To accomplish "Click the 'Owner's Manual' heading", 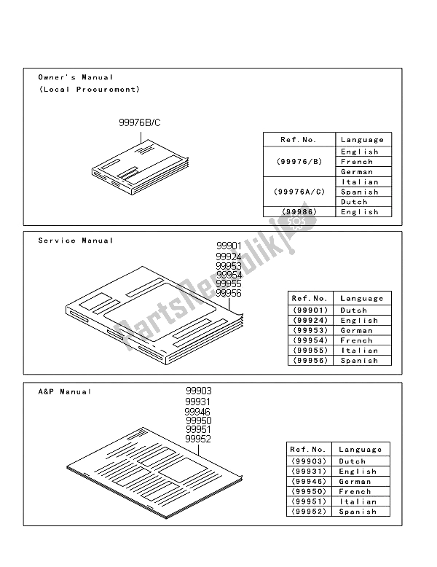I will click(76, 77).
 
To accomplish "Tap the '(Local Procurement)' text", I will click(88, 90).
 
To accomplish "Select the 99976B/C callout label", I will click(139, 123).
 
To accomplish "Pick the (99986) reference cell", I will click(299, 212).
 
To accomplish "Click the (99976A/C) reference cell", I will click(299, 192).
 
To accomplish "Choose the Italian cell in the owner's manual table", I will click(360, 182).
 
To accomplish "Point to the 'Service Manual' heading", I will click(76, 241).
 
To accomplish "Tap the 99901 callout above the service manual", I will click(227, 246).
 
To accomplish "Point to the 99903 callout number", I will click(198, 391).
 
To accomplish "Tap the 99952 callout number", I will click(198, 439).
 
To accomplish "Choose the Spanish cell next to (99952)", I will click(357, 512).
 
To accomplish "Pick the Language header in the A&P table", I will click(360, 450).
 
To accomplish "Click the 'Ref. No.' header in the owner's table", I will click(299, 140).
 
